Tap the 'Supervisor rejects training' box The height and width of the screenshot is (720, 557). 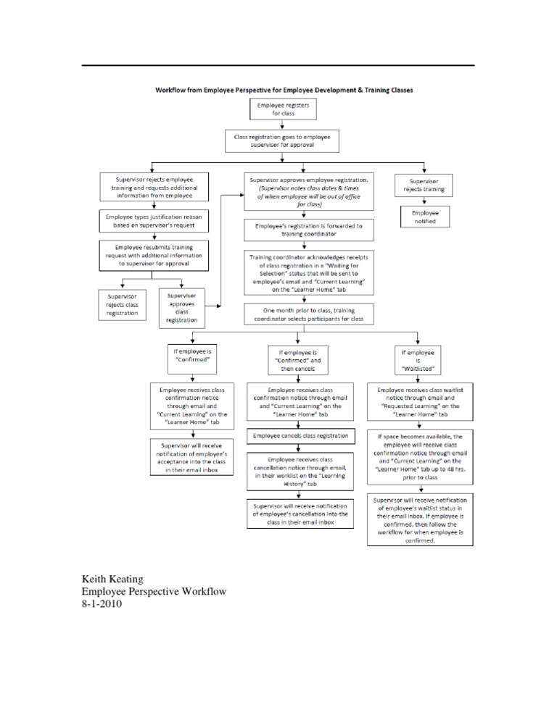click(x=424, y=185)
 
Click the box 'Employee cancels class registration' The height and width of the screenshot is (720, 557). click(x=300, y=436)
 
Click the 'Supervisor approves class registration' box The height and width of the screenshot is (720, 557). click(x=181, y=307)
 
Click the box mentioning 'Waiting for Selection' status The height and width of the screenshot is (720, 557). click(x=298, y=273)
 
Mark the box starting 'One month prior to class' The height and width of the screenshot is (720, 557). click(x=298, y=314)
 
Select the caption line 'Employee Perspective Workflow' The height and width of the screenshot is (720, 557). click(x=154, y=593)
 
